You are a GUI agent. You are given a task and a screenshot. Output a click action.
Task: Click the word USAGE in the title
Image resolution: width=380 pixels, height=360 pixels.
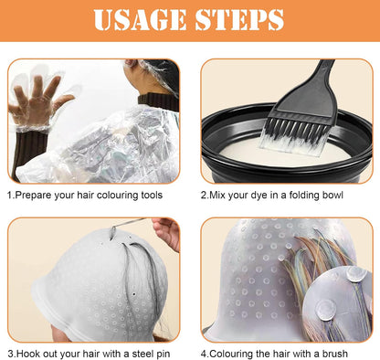click(140, 19)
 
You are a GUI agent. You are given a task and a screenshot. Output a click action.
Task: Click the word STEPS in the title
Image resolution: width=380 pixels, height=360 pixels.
click(239, 19)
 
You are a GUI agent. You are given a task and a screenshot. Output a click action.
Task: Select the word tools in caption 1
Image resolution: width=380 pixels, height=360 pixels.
click(152, 195)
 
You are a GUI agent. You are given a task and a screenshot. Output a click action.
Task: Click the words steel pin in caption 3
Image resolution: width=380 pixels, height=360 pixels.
click(151, 354)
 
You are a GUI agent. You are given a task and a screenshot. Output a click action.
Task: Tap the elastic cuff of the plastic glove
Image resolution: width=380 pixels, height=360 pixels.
click(33, 129)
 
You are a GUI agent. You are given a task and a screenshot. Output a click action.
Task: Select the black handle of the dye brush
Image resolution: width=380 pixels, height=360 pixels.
click(308, 89)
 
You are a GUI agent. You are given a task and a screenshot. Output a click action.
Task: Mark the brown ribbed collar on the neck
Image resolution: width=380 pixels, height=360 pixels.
click(158, 101)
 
